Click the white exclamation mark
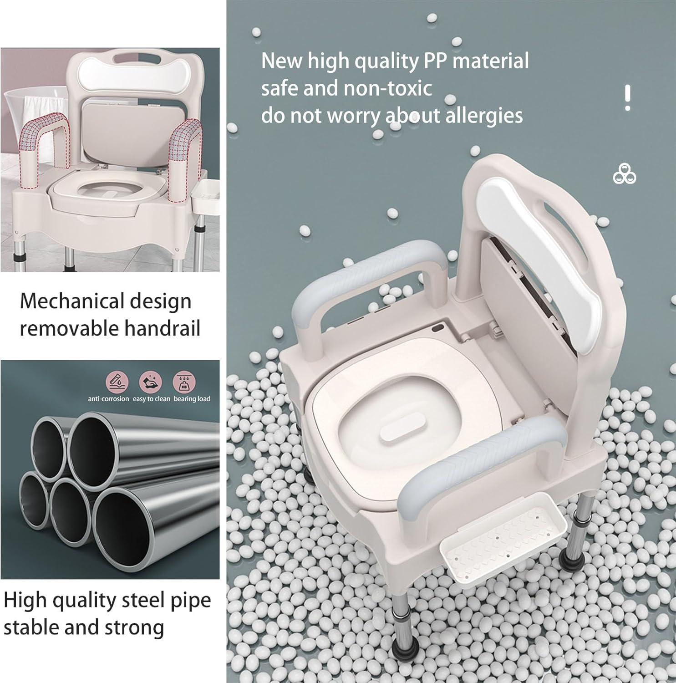628,97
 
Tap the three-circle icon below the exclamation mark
625,174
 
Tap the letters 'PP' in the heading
436,61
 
